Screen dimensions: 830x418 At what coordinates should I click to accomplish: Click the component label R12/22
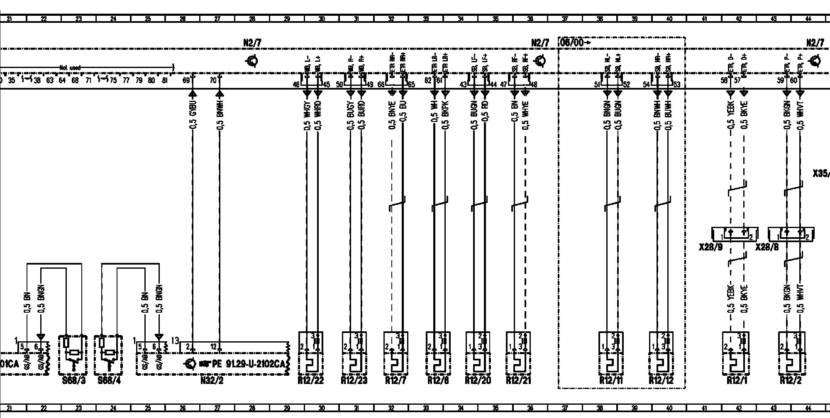point(310,380)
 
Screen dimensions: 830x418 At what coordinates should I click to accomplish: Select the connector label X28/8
point(767,248)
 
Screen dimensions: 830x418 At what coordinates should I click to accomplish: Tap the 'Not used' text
point(69,67)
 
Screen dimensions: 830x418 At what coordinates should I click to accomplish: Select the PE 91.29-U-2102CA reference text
point(248,364)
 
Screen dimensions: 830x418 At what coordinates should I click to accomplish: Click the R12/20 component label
point(478,380)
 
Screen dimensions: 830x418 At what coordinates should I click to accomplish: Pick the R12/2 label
point(791,380)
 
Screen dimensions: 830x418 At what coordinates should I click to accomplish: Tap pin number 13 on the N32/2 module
point(175,341)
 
